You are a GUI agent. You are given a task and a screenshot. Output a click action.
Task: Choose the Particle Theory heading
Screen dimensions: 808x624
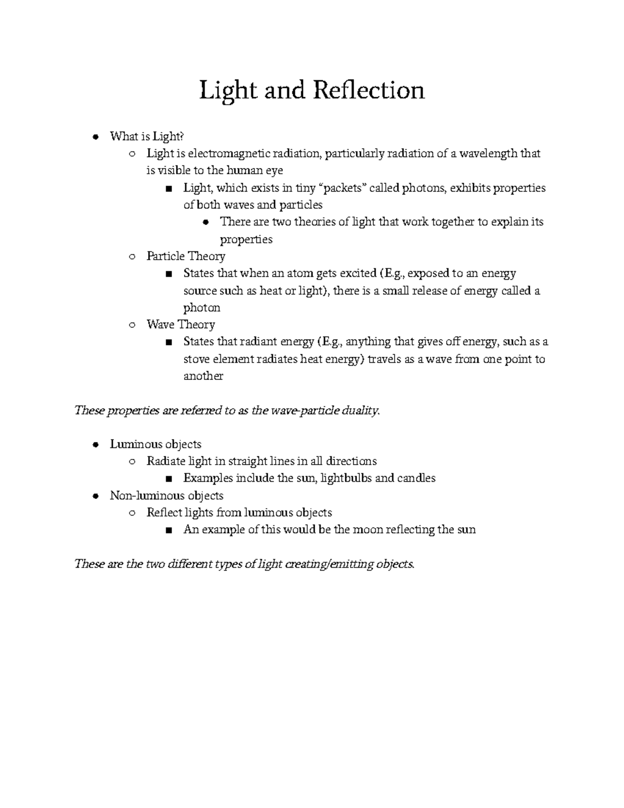[x=186, y=256]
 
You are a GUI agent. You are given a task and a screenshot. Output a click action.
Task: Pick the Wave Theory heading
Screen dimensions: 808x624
[x=180, y=325]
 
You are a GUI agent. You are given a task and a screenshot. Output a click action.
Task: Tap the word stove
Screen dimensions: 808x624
[x=197, y=359]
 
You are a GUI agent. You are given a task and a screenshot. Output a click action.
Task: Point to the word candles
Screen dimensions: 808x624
[x=416, y=478]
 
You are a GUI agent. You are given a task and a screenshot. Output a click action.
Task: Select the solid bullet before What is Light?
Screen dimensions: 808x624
[x=95, y=137]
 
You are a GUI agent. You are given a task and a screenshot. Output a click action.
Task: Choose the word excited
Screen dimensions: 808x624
[x=358, y=273]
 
